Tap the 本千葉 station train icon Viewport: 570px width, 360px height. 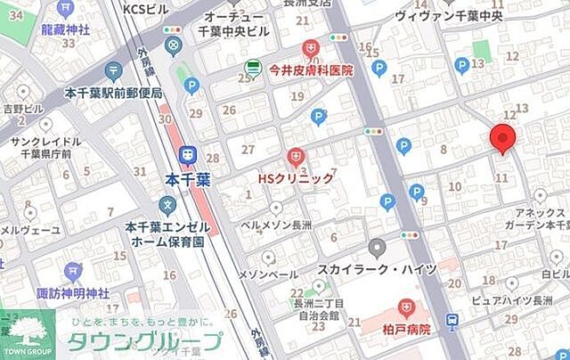point(189,155)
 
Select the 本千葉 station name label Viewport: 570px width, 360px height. point(188,179)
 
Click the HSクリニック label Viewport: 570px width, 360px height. point(296,178)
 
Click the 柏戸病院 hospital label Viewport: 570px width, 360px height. point(407,329)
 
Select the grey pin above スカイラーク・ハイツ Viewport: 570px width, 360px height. point(378,248)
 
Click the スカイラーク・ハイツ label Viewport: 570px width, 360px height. point(378,269)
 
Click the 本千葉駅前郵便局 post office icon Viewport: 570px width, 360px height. point(113,71)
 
